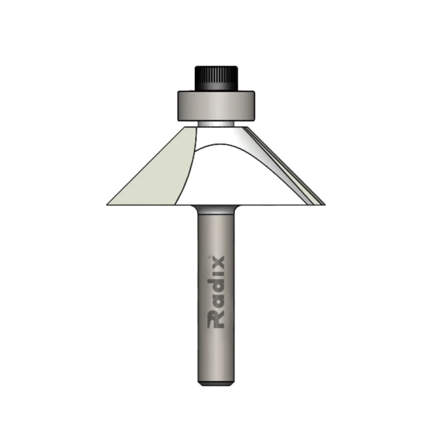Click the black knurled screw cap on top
coord(216,77)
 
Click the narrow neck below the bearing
coord(216,124)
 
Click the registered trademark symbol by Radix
coord(210,257)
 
